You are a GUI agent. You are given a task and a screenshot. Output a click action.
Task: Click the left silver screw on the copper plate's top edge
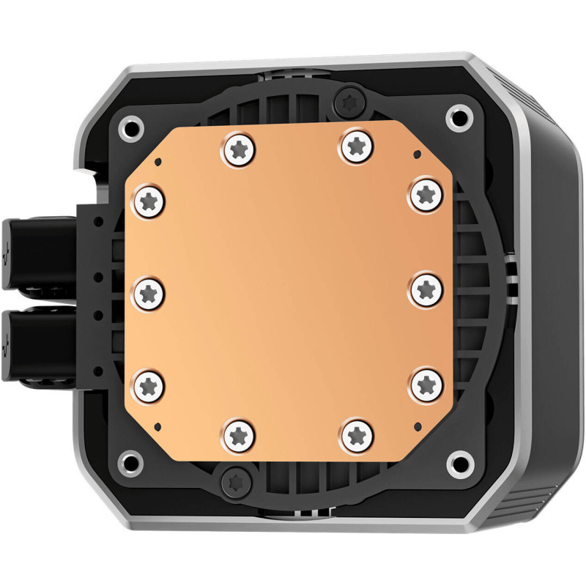click(237, 149)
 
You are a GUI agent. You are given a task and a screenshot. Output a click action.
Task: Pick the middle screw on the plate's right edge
click(426, 289)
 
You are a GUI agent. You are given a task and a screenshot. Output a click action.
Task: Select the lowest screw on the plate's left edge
click(149, 384)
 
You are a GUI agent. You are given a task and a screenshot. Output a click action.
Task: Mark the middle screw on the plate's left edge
click(149, 293)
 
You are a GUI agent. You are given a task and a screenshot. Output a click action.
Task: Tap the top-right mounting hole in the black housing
click(459, 116)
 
